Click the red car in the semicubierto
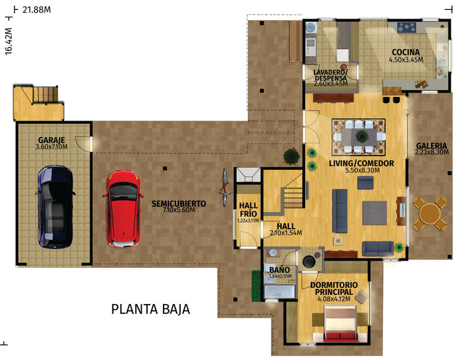[x=123, y=208]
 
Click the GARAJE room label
[x=52, y=140]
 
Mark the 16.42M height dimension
[x=9, y=41]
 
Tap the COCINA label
[x=405, y=52]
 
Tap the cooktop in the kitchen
[x=407, y=27]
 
